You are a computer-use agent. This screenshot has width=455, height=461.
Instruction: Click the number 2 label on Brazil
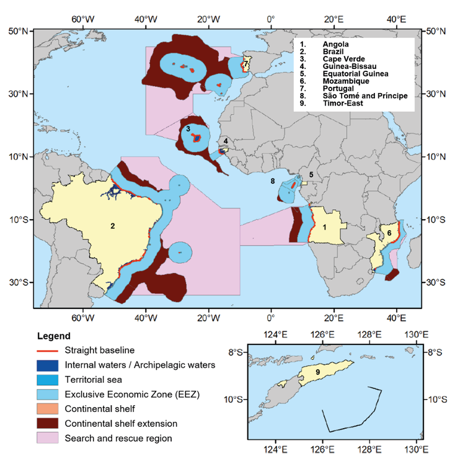click(113, 226)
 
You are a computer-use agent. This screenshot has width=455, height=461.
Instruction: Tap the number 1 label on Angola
click(324, 227)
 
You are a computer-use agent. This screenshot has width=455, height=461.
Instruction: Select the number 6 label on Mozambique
click(389, 233)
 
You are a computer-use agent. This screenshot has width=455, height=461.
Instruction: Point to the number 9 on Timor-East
click(317, 372)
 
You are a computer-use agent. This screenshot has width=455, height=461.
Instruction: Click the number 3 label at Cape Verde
click(188, 128)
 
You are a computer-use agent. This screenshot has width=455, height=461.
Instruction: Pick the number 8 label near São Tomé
click(273, 181)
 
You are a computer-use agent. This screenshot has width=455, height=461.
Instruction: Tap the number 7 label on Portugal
click(246, 64)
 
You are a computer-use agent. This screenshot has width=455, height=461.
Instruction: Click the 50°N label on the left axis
click(18, 30)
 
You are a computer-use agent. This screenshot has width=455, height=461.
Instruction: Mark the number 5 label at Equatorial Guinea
click(311, 175)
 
